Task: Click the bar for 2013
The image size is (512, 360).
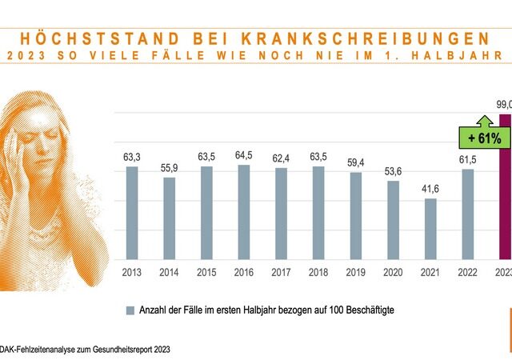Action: [x=132, y=213]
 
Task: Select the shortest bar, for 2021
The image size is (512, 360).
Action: [x=430, y=229]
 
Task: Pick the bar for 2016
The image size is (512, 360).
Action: [x=244, y=212]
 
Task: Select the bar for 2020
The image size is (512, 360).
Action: [x=393, y=220]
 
